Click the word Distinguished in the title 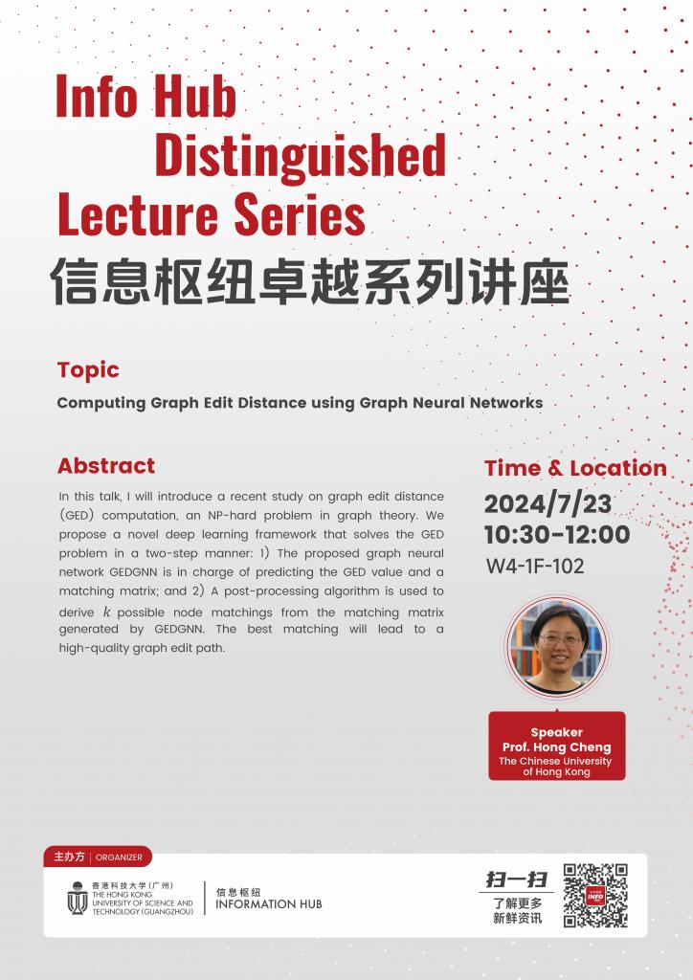pyautogui.click(x=300, y=156)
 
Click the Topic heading pyautogui.click(x=88, y=370)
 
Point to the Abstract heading pyautogui.click(x=105, y=466)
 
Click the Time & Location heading pyautogui.click(x=575, y=468)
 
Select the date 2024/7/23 pyautogui.click(x=548, y=503)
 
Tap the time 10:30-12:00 pyautogui.click(x=556, y=534)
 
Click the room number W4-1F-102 pyautogui.click(x=535, y=566)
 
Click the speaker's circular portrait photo pyautogui.click(x=556, y=645)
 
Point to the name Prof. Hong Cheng pyautogui.click(x=556, y=746)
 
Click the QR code pyautogui.click(x=595, y=896)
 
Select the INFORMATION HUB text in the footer pyautogui.click(x=269, y=903)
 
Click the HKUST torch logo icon pyautogui.click(x=77, y=898)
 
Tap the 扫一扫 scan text pyautogui.click(x=517, y=880)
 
